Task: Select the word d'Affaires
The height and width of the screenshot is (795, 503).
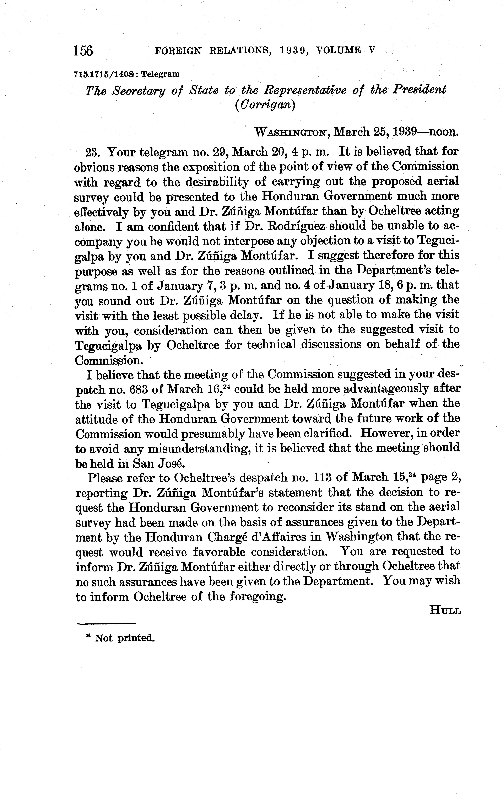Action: click(286, 537)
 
